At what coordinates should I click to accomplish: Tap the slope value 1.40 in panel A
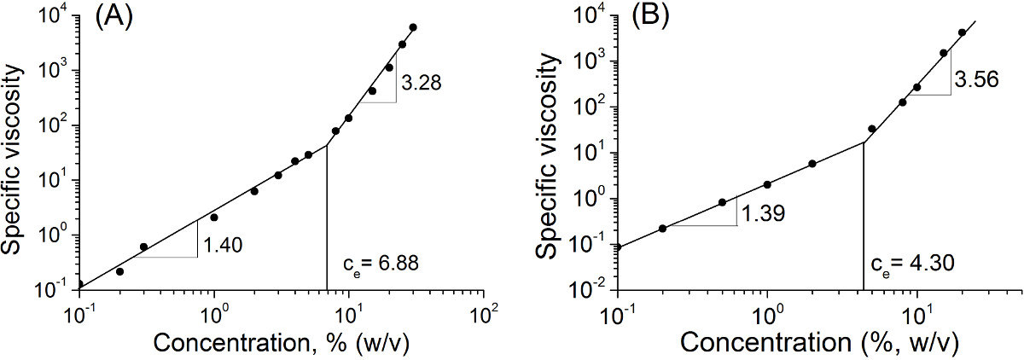tap(223, 246)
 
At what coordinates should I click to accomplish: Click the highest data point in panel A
tap(413, 27)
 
